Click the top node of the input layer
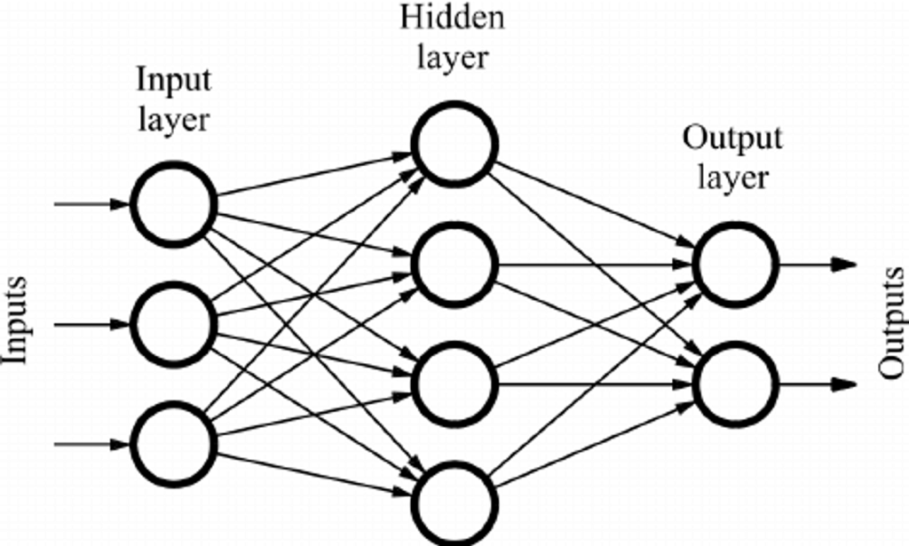(x=174, y=204)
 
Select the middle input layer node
(x=174, y=324)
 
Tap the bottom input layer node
(x=174, y=444)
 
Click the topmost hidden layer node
(x=454, y=144)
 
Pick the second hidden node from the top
(x=454, y=265)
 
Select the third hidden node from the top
(x=454, y=384)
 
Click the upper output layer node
(x=736, y=265)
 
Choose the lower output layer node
(x=736, y=384)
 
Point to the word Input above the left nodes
(x=174, y=81)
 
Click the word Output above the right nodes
(x=732, y=139)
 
